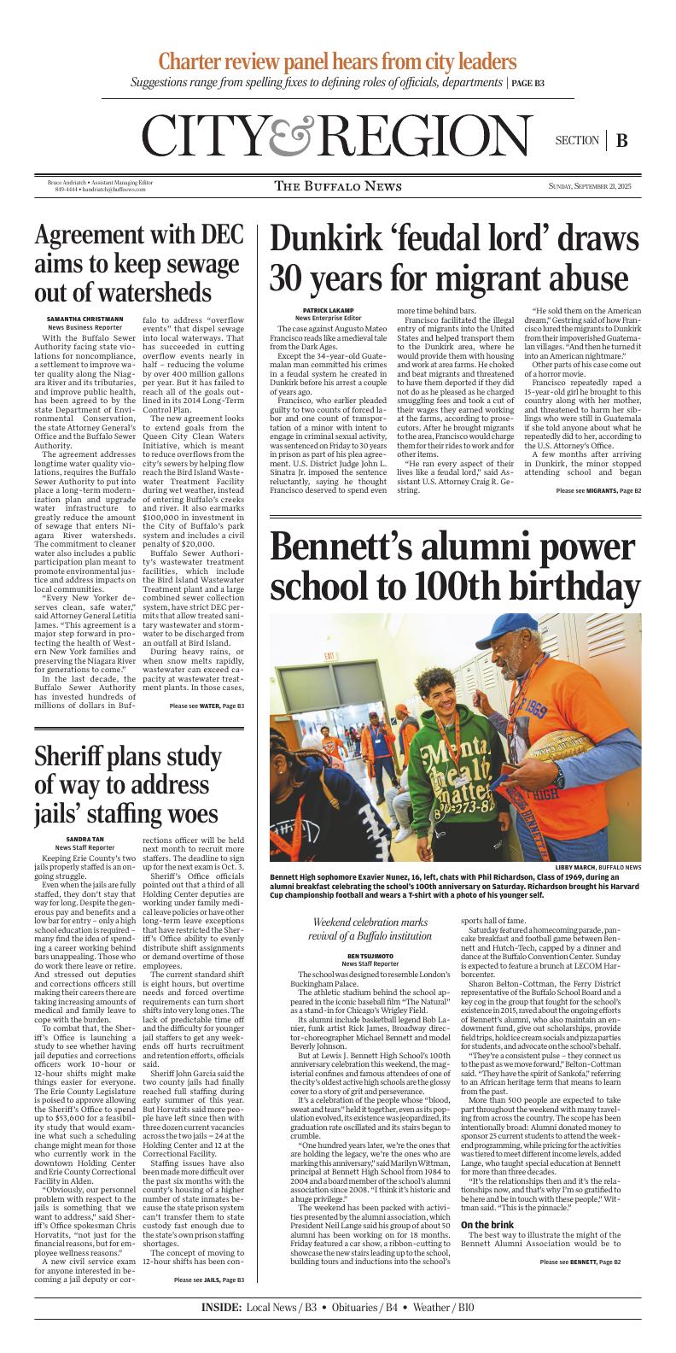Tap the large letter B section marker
(x=621, y=141)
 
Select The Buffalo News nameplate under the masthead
(x=339, y=186)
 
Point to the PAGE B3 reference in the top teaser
(x=527, y=84)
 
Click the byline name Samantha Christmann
(x=84, y=319)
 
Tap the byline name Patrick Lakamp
(x=328, y=310)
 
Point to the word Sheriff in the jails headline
(x=76, y=758)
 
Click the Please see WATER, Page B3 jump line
(x=207, y=706)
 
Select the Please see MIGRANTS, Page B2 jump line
(x=598, y=491)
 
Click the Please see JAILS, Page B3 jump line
(x=208, y=1303)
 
